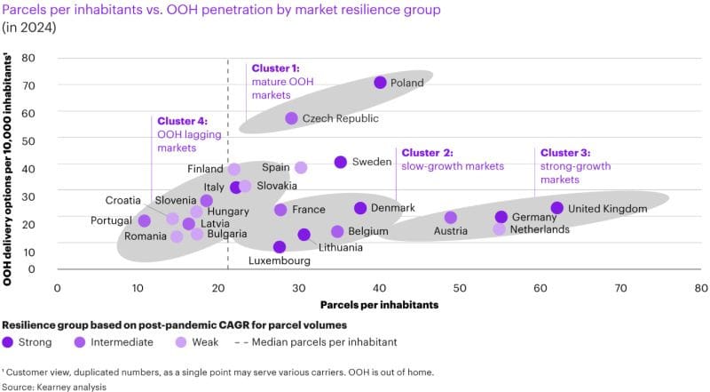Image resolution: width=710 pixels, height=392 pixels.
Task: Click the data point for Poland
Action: (380, 83)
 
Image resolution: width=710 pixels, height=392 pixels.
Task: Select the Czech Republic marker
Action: (291, 118)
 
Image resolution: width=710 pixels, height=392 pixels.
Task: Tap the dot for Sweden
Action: (340, 162)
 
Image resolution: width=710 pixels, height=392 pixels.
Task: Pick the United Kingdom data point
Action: (556, 208)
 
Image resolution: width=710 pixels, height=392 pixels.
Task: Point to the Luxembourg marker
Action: (280, 247)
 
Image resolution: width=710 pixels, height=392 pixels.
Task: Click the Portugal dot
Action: (145, 221)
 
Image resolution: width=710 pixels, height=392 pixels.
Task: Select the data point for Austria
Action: (450, 218)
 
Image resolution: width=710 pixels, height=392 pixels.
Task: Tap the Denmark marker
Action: (360, 208)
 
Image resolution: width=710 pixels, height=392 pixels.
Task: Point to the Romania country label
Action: (146, 236)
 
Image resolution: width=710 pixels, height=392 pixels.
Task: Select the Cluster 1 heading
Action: (275, 68)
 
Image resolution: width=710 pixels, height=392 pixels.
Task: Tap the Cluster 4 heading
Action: (181, 121)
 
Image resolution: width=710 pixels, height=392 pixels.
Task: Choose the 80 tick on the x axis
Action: (701, 287)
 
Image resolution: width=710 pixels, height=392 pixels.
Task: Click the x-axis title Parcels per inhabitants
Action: (379, 305)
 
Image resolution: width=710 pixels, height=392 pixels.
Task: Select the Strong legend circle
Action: (8, 340)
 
